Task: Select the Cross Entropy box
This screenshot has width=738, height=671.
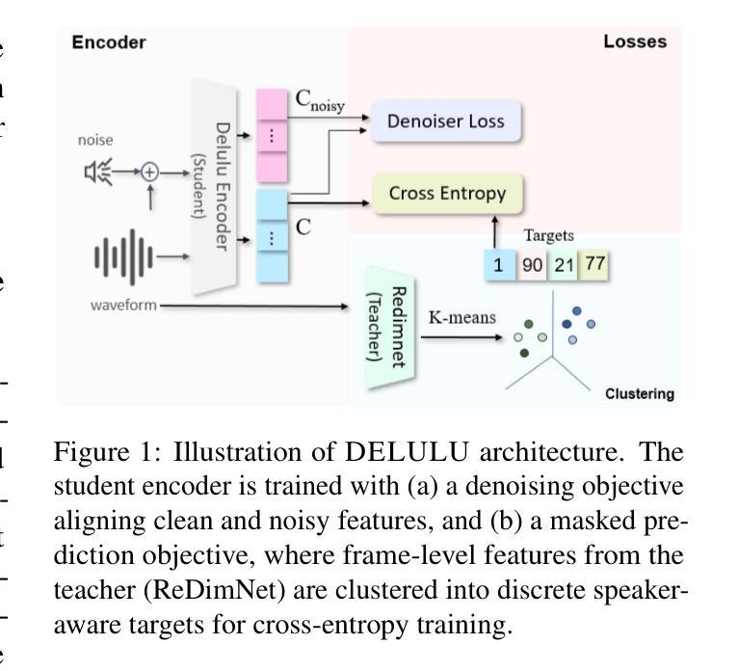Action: [447, 194]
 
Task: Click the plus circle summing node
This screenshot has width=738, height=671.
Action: [149, 173]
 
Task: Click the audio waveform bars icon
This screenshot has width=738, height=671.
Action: [122, 256]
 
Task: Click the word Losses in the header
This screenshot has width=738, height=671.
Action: [634, 41]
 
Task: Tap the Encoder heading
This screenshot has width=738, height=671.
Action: [109, 41]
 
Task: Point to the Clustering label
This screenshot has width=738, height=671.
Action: [639, 393]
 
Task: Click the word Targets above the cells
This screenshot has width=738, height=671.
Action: [549, 235]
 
